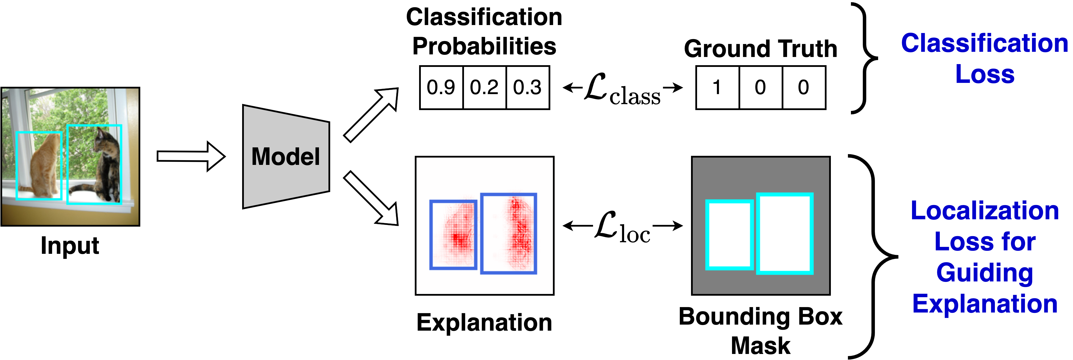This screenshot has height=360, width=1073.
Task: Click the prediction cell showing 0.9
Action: pyautogui.click(x=441, y=87)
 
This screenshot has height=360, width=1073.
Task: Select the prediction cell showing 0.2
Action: pyautogui.click(x=484, y=87)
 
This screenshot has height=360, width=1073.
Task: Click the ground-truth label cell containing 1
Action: pyautogui.click(x=717, y=87)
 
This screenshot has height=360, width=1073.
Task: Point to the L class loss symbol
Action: pyautogui.click(x=622, y=88)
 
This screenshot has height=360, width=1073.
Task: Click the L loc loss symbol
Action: pyautogui.click(x=622, y=225)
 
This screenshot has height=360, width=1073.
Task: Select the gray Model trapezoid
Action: pyautogui.click(x=286, y=157)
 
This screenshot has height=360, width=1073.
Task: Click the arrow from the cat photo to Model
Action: pyautogui.click(x=190, y=156)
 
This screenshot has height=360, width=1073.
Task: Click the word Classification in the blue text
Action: pyautogui.click(x=985, y=43)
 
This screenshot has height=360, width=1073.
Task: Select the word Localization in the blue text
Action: pyautogui.click(x=985, y=211)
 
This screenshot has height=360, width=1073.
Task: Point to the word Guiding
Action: pyautogui.click(x=985, y=273)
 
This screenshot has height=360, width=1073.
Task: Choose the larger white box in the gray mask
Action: pyautogui.click(x=785, y=233)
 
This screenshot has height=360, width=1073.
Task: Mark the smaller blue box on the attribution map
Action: pyautogui.click(x=453, y=235)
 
